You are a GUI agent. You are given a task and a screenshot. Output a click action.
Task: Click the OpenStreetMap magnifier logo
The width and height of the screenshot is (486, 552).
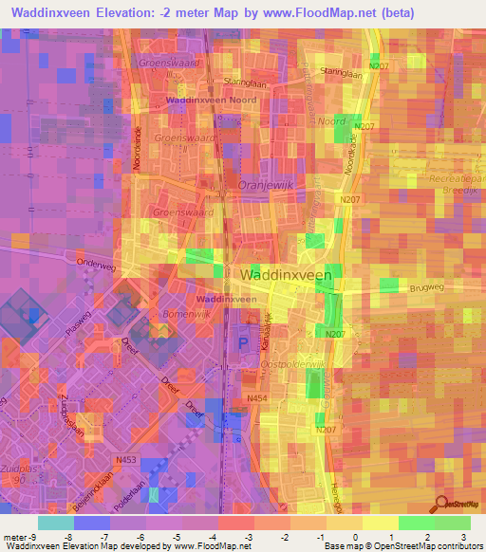pos(443,506)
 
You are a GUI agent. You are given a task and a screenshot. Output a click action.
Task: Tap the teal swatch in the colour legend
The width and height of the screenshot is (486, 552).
pos(56,523)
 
